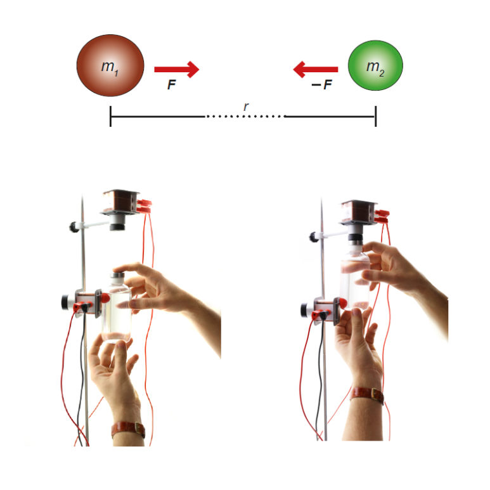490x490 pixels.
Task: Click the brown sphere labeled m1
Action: coord(110,65)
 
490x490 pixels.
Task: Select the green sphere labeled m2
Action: coord(376,65)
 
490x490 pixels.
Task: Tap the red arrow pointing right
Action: coord(177,69)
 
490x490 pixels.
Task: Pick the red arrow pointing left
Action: coord(316,69)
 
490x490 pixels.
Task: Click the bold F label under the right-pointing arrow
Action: coord(172,84)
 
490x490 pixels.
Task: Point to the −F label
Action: coord(322,84)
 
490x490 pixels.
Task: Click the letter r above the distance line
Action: coord(246,106)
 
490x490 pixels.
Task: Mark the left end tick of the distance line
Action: coord(111,116)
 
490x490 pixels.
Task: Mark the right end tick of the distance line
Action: coord(376,116)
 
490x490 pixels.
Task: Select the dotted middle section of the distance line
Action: coord(245,117)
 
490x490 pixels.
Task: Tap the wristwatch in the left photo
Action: coord(129,429)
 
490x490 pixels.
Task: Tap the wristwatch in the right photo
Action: coord(367,395)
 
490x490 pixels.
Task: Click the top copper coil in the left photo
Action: coord(121,201)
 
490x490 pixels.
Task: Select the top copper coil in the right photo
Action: coord(359,212)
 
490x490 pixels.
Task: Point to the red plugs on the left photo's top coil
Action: coord(144,206)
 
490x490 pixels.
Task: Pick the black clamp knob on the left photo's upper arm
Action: coord(74,226)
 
